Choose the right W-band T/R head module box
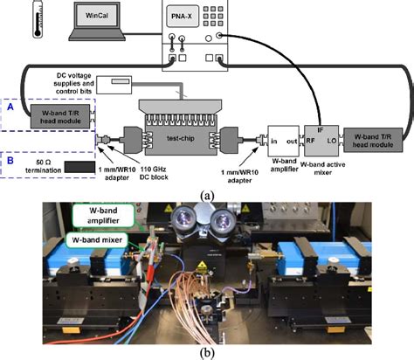[x=371, y=136]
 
